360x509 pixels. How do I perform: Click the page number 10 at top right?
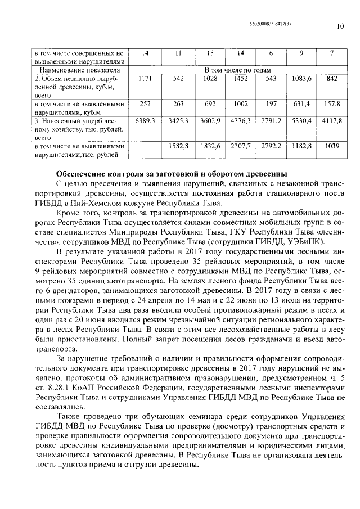340,25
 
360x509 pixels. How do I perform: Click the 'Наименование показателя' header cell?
79,70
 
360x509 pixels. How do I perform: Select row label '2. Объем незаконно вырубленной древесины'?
79,87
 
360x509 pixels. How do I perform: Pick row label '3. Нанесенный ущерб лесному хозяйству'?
79,128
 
